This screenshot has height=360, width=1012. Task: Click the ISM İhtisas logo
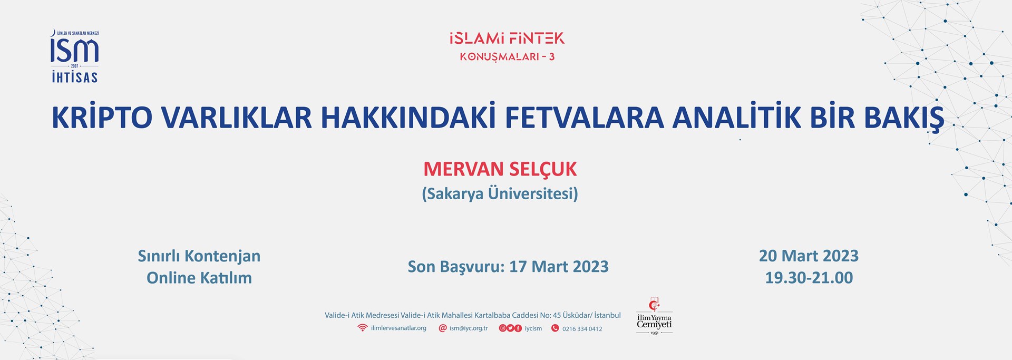pyautogui.click(x=74, y=56)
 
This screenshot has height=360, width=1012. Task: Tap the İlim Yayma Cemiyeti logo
pyautogui.click(x=654, y=316)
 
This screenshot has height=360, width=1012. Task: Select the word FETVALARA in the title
pyautogui.click(x=584, y=118)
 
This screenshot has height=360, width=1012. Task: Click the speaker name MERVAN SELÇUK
pyautogui.click(x=500, y=170)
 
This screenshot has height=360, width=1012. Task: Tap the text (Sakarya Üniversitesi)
pyautogui.click(x=500, y=193)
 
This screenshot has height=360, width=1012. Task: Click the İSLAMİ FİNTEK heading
pyautogui.click(x=507, y=38)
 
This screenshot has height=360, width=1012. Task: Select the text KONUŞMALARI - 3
pyautogui.click(x=507, y=56)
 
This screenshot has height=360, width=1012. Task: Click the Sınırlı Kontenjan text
pyautogui.click(x=199, y=256)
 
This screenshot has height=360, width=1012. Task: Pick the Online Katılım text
pyautogui.click(x=199, y=278)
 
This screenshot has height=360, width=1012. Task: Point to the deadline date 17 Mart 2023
pyautogui.click(x=559, y=267)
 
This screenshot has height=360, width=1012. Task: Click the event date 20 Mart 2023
pyautogui.click(x=809, y=256)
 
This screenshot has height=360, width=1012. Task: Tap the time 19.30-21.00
pyautogui.click(x=809, y=278)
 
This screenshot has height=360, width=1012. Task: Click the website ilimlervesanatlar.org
pyautogui.click(x=398, y=328)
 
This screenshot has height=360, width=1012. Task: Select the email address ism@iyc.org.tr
pyautogui.click(x=469, y=328)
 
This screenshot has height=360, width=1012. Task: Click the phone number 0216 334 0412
pyautogui.click(x=582, y=329)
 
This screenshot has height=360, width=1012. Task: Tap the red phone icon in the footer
pyautogui.click(x=554, y=328)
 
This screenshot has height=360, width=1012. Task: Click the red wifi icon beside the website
pyautogui.click(x=362, y=328)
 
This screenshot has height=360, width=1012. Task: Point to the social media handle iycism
pyautogui.click(x=533, y=328)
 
